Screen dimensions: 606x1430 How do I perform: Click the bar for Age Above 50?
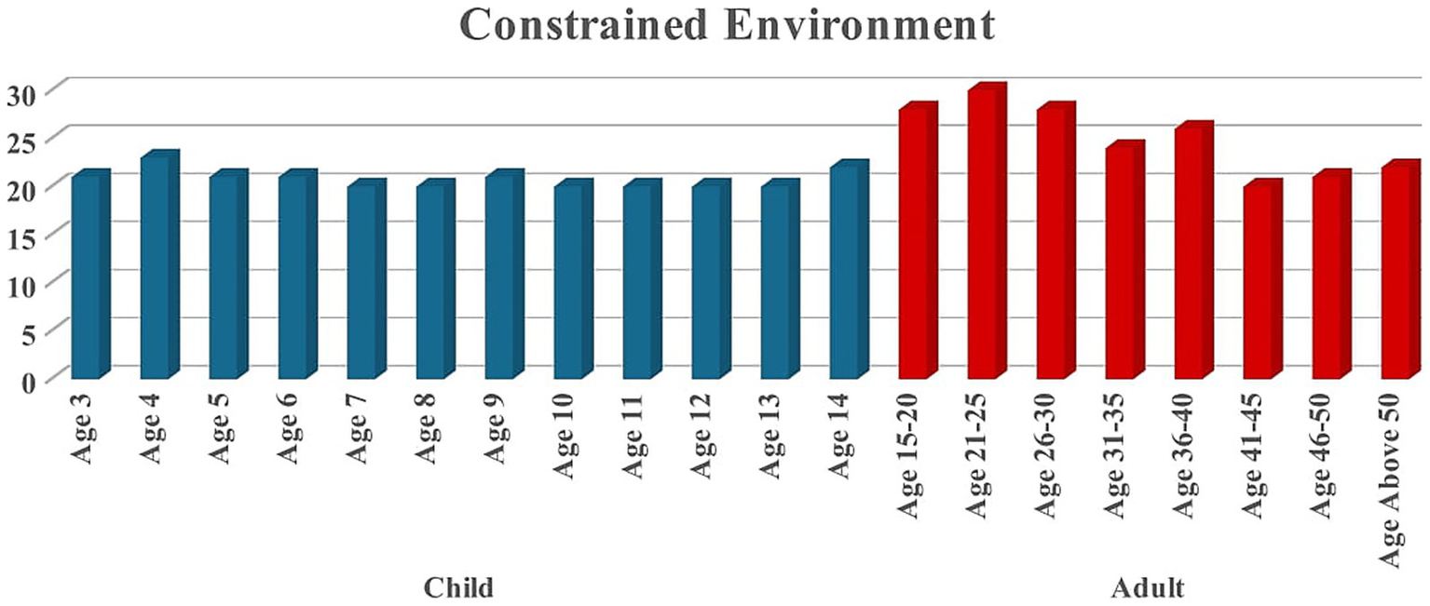coord(1395,274)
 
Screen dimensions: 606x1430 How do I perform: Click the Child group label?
coord(458,588)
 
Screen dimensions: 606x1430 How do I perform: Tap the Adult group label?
coord(1148,588)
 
